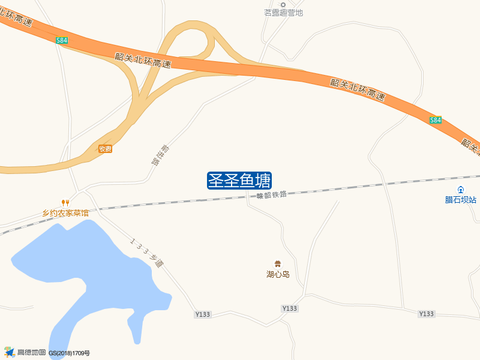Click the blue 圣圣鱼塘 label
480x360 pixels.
(239, 180)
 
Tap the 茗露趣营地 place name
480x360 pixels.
(284, 13)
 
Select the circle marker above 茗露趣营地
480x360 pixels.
(284, 4)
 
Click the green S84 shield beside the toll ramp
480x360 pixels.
(62, 40)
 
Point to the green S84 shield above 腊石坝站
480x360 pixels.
(436, 120)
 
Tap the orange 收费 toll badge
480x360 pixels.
(106, 149)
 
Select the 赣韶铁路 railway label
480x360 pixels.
(272, 194)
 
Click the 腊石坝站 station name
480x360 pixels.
(461, 200)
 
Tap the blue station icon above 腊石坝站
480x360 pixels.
(461, 190)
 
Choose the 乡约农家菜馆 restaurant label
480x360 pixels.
(65, 213)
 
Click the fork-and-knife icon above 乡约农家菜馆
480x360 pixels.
(65, 203)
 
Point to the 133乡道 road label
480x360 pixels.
(146, 252)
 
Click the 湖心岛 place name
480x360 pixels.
(278, 274)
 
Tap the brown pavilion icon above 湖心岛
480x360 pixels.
(278, 263)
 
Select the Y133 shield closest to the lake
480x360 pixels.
(203, 314)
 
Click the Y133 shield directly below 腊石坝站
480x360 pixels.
(426, 314)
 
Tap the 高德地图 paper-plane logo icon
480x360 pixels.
(9, 352)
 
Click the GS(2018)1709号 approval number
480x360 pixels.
(70, 353)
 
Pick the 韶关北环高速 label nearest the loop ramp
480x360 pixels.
(143, 60)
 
